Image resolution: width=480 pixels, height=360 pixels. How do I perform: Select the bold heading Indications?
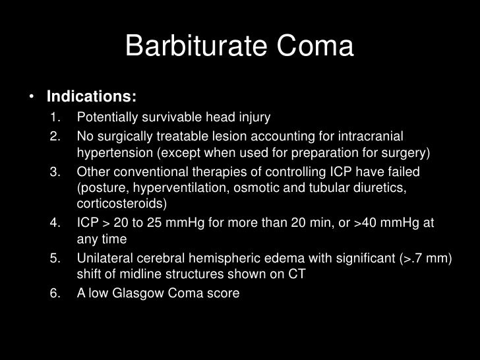pyautogui.click(x=91, y=97)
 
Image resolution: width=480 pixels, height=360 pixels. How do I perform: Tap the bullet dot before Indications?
pyautogui.click(x=31, y=98)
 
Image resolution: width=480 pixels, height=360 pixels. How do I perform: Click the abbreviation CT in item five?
pyautogui.click(x=297, y=274)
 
